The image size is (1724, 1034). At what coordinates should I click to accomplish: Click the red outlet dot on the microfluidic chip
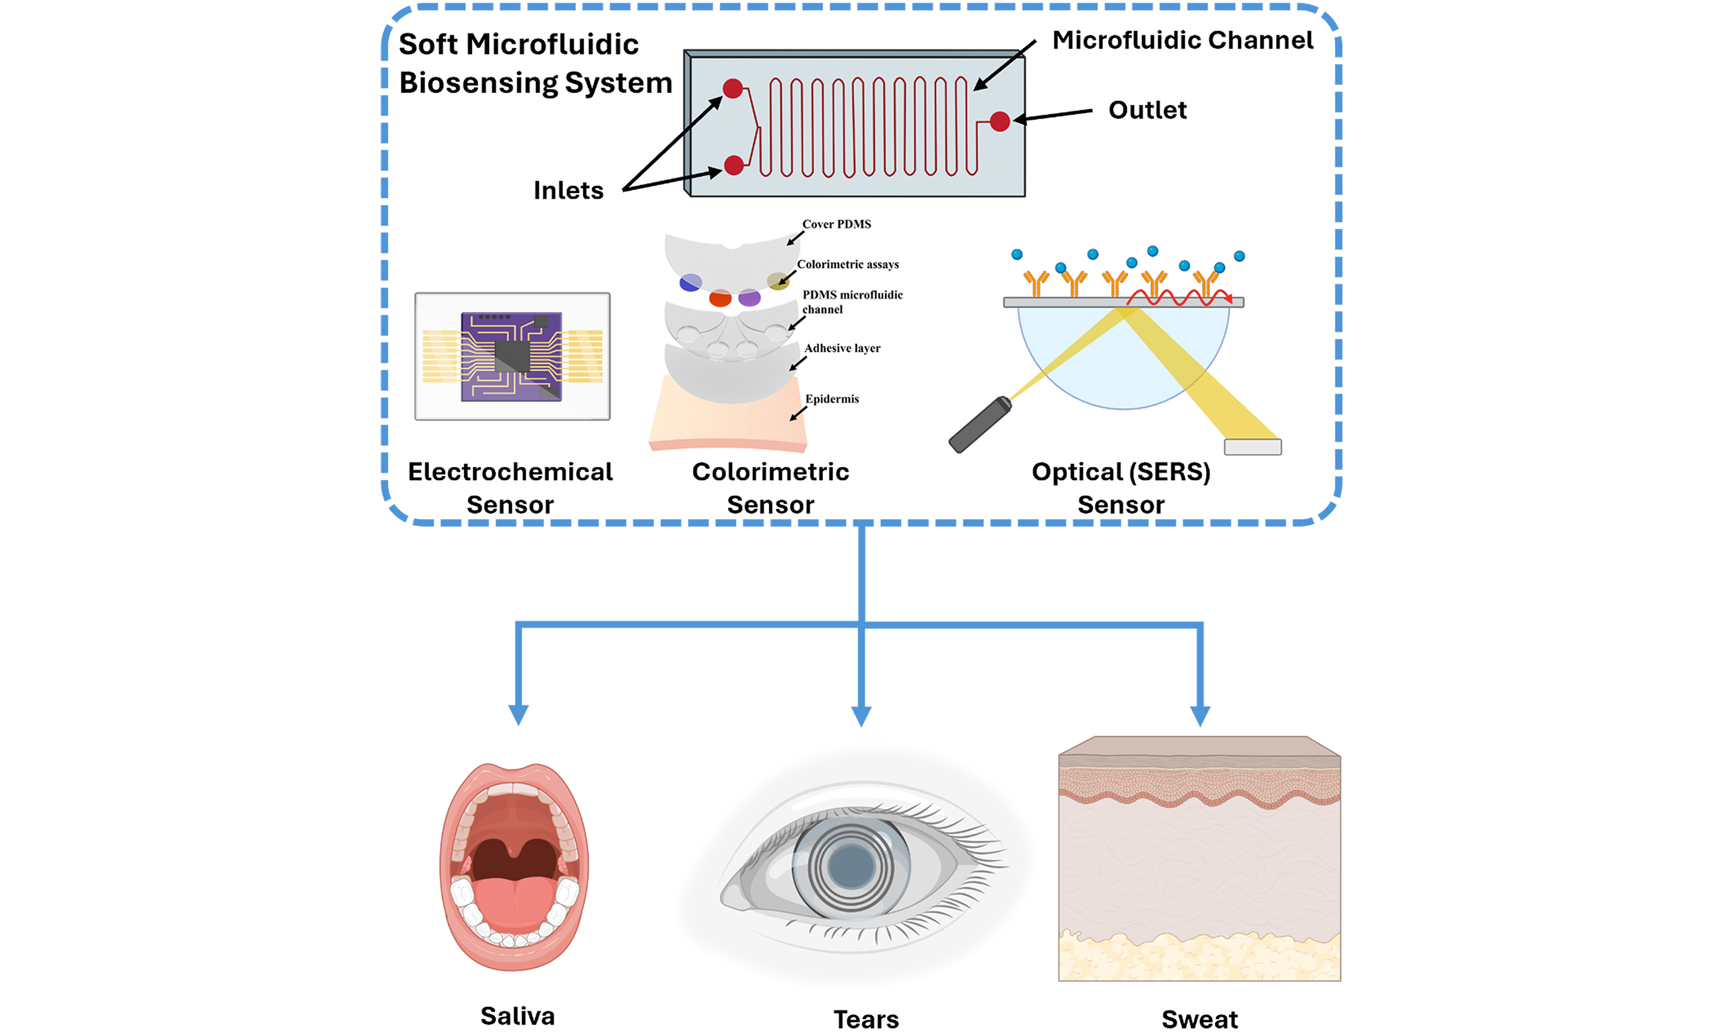pos(999,121)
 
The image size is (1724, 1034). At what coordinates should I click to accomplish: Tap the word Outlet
pos(1147,110)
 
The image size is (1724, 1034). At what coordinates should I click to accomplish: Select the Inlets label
pos(568,191)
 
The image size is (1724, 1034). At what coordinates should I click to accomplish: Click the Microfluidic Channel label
pos(1182,40)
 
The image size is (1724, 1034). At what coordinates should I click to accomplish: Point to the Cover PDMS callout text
pos(836,224)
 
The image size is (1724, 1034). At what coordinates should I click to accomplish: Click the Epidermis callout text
pos(832,399)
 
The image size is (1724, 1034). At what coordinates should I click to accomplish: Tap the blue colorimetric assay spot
pos(690,282)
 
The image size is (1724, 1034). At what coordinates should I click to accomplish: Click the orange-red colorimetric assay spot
pos(720,299)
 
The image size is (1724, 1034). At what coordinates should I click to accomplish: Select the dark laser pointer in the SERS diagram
pos(980,425)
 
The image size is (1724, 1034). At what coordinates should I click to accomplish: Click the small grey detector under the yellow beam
pos(1252,446)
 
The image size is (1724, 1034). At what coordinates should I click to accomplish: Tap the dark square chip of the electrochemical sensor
pos(513,356)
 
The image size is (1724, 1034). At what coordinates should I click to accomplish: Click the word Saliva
pos(517,1016)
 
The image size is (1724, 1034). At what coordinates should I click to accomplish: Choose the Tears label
pos(866,1019)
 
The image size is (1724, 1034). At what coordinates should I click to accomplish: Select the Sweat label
pos(1199,1019)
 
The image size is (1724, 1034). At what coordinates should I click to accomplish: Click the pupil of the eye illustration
pos(851,866)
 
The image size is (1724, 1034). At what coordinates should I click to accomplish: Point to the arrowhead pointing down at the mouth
pos(518,715)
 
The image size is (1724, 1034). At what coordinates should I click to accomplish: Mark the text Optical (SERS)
pos(1121,472)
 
